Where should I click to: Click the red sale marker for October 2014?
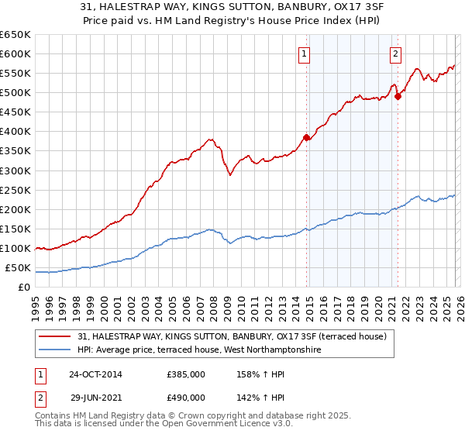pyautogui.click(x=306, y=137)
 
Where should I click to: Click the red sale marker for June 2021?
pyautogui.click(x=398, y=96)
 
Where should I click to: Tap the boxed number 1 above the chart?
pyautogui.click(x=304, y=54)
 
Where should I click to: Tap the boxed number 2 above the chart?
pyautogui.click(x=395, y=54)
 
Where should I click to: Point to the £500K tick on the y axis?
pyautogui.click(x=15, y=93)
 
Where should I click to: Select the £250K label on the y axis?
pyautogui.click(x=15, y=190)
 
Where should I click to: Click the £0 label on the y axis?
pyautogui.click(x=24, y=288)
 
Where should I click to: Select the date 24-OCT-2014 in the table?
pyautogui.click(x=95, y=374)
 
